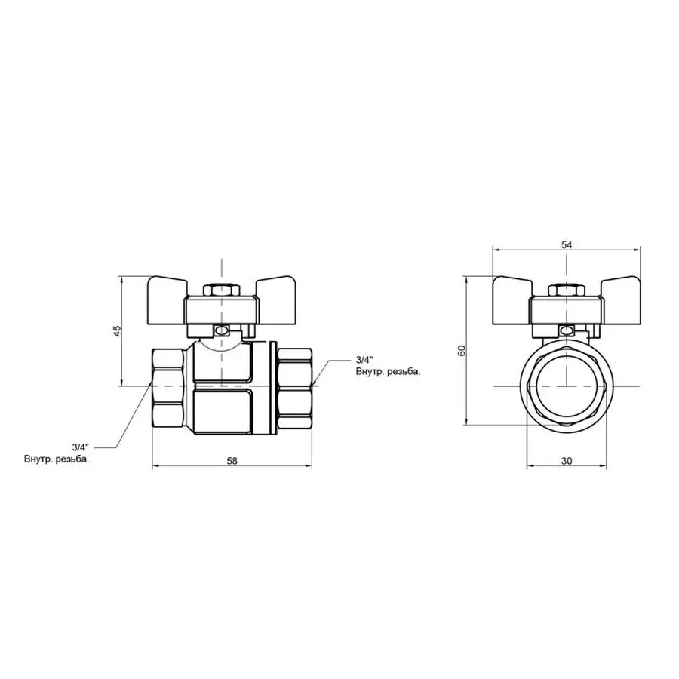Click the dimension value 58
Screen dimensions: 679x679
pos(232,461)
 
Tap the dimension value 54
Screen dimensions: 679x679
pos(567,244)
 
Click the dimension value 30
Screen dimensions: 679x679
pos(567,461)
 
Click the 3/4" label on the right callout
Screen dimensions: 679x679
pos(364,359)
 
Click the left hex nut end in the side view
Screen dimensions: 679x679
pos(168,386)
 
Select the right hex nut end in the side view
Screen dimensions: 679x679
pos(294,386)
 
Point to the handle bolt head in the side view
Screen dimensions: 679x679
pos(221,290)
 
